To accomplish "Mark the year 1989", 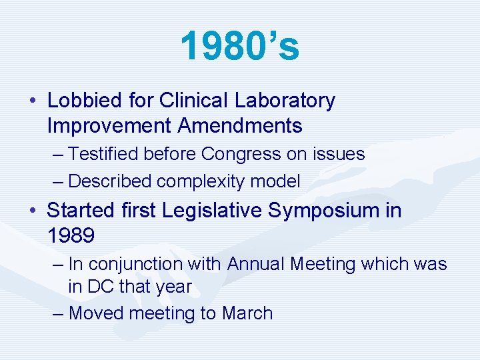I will click(71, 235).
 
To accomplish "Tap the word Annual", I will click(257, 264).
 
